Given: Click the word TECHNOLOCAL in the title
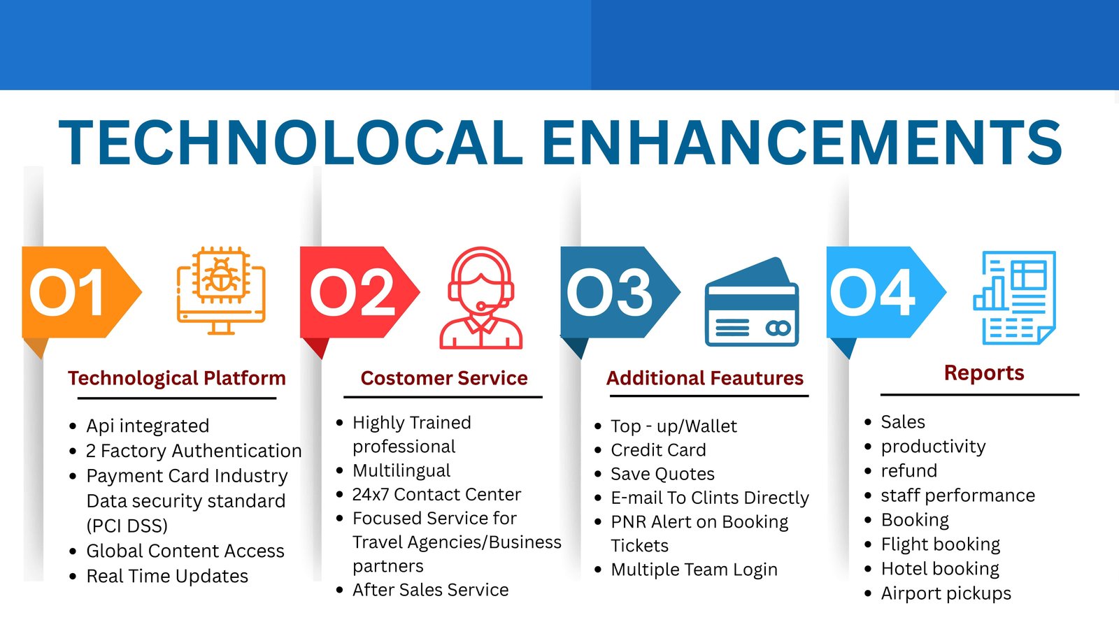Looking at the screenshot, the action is pos(291,143).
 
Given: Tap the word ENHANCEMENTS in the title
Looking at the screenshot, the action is pos(801,143).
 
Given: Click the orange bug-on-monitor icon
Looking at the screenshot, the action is pos(221,291).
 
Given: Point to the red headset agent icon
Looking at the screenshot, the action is pos(481,298).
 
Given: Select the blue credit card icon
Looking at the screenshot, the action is pos(752,302).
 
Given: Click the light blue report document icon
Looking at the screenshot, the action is pos(1015,298).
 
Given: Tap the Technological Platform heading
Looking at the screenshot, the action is pos(177,378).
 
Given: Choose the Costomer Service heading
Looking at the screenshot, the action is pos(444,378).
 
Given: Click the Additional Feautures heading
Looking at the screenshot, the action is pos(705,378).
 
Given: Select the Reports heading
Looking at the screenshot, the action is pos(984,373).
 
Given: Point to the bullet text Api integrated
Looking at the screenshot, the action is pos(148,426).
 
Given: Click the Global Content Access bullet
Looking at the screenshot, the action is pos(185,551).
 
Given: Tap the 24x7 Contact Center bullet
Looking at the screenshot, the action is pos(436,494).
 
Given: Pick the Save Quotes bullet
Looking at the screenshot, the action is pos(662,474).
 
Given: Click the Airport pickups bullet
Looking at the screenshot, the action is pos(946,593).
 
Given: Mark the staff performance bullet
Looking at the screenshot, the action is pos(958,496).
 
